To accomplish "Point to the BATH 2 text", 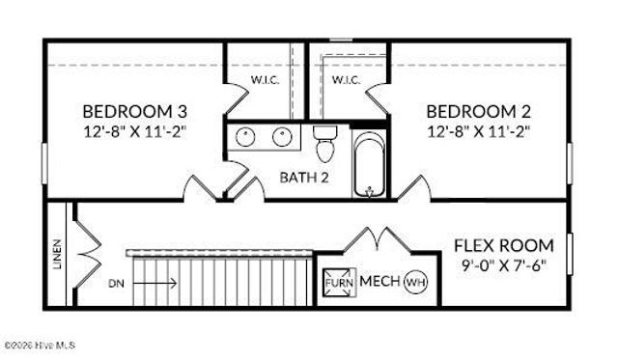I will (x=305, y=177).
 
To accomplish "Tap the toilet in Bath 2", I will (x=323, y=144).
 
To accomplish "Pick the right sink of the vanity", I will (x=283, y=136).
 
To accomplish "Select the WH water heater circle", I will (x=414, y=282).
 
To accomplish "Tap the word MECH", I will (x=379, y=282).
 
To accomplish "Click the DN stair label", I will (x=117, y=283).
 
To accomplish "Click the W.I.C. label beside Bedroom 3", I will (x=266, y=79).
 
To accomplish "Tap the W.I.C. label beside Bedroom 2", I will (x=345, y=79).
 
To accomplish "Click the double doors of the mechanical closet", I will (x=375, y=238).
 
